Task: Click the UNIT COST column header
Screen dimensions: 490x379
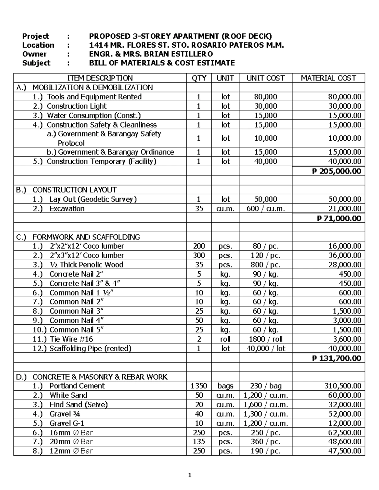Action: coord(265,78)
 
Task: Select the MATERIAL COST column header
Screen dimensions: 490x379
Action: coord(328,78)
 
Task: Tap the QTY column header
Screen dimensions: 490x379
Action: coord(199,78)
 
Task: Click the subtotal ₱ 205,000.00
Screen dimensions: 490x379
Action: coord(336,171)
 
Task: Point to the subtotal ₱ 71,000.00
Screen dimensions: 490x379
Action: coord(339,218)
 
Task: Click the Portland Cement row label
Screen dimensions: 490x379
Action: coord(77,386)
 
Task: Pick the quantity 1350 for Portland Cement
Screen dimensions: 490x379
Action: coord(199,386)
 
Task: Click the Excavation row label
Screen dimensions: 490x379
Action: coord(67,209)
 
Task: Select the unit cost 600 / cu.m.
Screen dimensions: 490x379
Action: coord(265,209)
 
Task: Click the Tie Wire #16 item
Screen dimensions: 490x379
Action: coord(71,339)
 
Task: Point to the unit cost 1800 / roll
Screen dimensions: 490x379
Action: coord(265,339)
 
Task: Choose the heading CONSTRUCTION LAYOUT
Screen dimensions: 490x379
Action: coord(75,190)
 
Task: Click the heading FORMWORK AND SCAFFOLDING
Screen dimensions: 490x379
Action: coord(86,237)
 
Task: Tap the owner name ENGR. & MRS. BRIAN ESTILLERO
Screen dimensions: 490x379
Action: coord(151,54)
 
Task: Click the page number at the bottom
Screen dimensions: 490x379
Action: coord(189,475)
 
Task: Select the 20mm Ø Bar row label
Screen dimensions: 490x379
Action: coord(71,442)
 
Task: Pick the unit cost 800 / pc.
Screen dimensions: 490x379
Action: coord(265,265)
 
